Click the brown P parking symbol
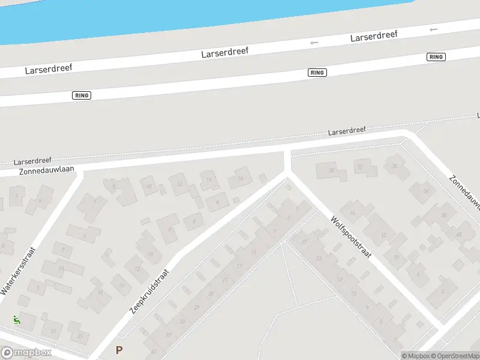tap(119, 350)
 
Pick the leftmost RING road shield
tap(82, 95)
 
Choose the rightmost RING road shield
tap(436, 57)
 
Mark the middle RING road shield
tap(317, 73)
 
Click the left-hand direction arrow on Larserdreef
tap(313, 43)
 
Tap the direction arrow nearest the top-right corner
tap(433, 29)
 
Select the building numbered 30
tap(331, 171)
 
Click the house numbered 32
tap(360, 167)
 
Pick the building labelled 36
tap(426, 191)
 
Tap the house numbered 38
tap(444, 215)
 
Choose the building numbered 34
tap(394, 166)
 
